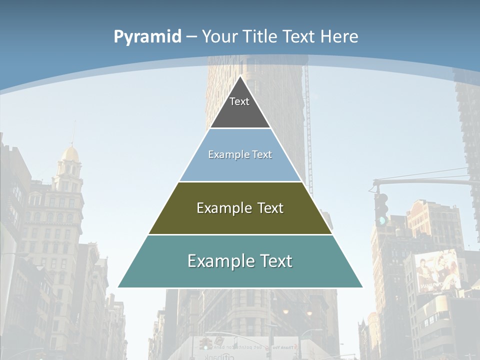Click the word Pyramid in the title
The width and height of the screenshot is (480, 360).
point(147,37)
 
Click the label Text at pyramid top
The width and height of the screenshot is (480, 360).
point(239,101)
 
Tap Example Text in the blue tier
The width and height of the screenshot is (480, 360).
point(240,154)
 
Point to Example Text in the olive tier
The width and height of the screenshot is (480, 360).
point(240,208)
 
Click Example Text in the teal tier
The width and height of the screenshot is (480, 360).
point(240,261)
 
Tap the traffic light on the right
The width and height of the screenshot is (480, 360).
point(381,208)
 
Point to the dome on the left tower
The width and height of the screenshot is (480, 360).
point(70,153)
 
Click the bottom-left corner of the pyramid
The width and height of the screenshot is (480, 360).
point(119,287)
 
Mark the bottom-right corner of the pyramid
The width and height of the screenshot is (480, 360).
point(362,287)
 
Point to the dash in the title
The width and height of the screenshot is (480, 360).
point(191,37)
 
